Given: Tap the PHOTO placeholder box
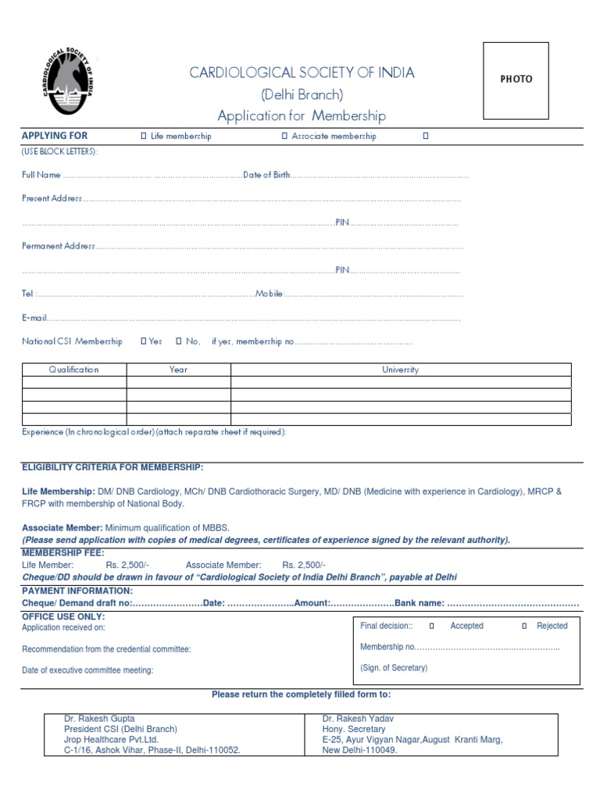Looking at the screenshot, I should point(516,80).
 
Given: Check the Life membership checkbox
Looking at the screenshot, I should point(144,136).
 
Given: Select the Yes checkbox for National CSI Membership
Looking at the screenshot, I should point(143,341).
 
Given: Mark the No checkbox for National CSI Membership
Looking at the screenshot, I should point(179,341).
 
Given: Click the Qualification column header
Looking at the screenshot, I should point(74,370).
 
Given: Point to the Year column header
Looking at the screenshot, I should point(178,370).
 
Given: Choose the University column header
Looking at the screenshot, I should point(400,370).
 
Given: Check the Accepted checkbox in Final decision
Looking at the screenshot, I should point(431,626).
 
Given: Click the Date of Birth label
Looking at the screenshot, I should point(266,175).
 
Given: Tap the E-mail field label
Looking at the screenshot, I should point(34,318).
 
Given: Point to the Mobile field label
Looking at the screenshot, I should point(269,295).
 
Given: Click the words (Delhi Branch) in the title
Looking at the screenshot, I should point(302,95).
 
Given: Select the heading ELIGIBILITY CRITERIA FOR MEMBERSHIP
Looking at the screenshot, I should point(112,467).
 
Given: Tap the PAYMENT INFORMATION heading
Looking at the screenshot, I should point(77,591).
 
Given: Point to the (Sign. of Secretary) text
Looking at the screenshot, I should point(394,668).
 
